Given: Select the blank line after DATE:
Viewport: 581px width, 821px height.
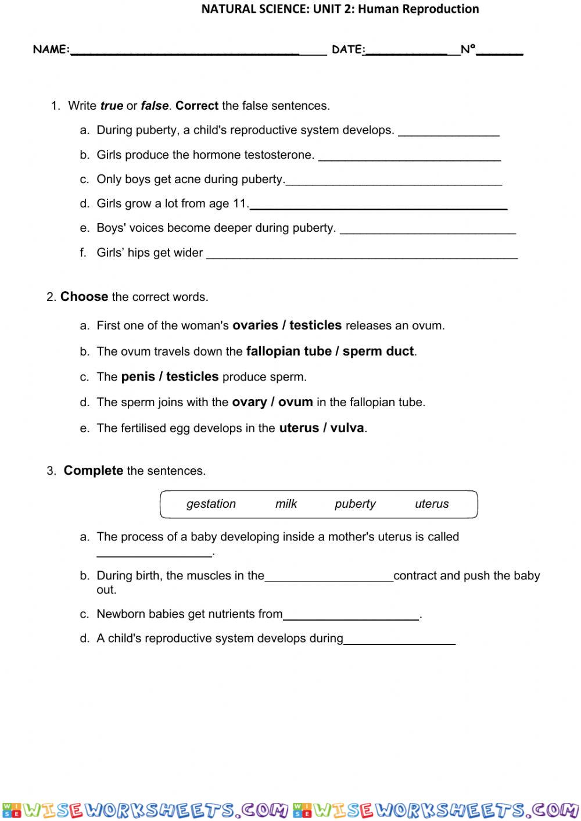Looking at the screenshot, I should pos(407,51).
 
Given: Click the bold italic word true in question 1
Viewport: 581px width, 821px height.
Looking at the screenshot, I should pos(112,106).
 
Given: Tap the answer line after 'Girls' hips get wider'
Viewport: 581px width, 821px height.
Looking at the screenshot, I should pos(361,254).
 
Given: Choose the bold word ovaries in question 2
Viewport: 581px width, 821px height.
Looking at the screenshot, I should pos(255,325).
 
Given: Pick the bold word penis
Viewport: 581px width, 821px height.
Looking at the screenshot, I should pos(138,377).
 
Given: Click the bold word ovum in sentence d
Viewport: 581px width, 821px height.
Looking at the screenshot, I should pos(295,402).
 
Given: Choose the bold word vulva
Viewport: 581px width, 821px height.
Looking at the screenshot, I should pos(347,428).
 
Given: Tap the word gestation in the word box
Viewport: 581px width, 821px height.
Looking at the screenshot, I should pos(211,504).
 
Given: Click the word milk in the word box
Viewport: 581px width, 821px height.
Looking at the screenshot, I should pos(286,504).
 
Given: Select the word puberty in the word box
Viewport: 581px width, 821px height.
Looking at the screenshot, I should pos(355,504).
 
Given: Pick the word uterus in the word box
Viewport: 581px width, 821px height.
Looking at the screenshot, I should pos(432,504).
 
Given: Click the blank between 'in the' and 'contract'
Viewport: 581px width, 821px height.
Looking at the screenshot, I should pos(329,578).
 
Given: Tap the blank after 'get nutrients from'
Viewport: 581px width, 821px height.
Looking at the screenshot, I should pos(351,616).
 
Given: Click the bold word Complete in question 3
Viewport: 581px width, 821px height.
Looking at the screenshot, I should pos(93,471).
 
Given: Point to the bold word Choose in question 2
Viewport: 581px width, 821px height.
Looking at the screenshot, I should pos(84,297).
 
